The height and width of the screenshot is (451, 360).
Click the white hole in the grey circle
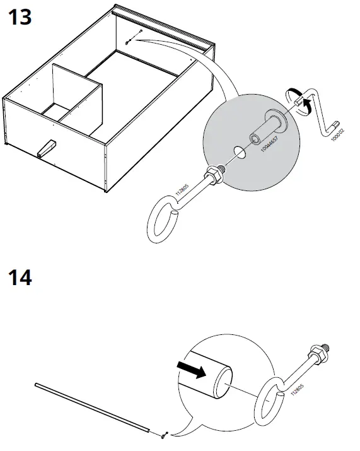pyautogui.click(x=238, y=153)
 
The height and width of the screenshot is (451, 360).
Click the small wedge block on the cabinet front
pyautogui.click(x=46, y=148)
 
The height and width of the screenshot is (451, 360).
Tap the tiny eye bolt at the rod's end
pyautogui.click(x=163, y=434)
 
